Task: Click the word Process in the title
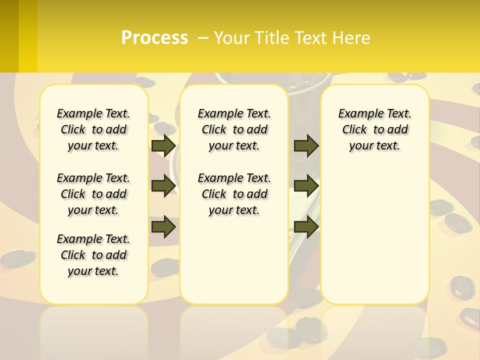pyautogui.click(x=154, y=38)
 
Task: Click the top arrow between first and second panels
pyautogui.click(x=163, y=145)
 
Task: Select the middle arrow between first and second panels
pyautogui.click(x=163, y=185)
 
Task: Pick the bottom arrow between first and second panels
pyautogui.click(x=163, y=226)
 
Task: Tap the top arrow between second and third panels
pyautogui.click(x=306, y=145)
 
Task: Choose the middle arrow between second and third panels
pyautogui.click(x=306, y=185)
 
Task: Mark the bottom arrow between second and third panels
pyautogui.click(x=306, y=226)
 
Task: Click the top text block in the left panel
pyautogui.click(x=93, y=129)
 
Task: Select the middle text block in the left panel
pyautogui.click(x=93, y=194)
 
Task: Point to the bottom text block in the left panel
pyautogui.click(x=93, y=255)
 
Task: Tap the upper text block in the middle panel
pyautogui.click(x=234, y=129)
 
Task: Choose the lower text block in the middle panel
pyautogui.click(x=234, y=194)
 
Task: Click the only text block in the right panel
pyautogui.click(x=374, y=129)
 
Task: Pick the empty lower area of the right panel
pyautogui.click(x=374, y=235)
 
